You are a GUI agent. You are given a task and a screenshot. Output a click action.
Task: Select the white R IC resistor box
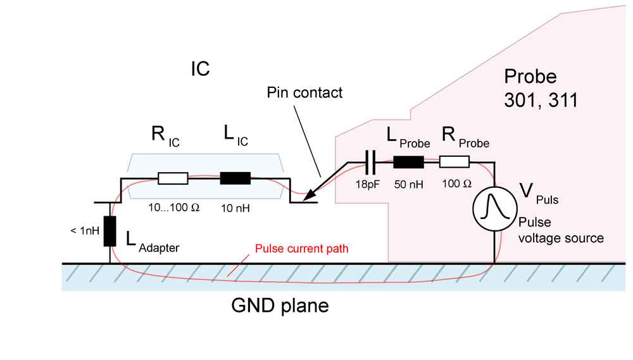(173, 178)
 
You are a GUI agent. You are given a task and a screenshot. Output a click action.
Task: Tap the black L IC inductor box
(235, 178)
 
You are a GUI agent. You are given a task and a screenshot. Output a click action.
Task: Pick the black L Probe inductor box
(408, 162)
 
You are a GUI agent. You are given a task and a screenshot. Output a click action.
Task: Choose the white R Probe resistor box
(454, 162)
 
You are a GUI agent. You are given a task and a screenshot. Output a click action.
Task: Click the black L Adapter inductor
(110, 231)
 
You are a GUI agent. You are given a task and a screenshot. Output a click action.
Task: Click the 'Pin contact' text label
(304, 93)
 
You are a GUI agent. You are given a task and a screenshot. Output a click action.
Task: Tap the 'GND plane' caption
(280, 307)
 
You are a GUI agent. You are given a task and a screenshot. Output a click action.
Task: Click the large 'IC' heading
(200, 68)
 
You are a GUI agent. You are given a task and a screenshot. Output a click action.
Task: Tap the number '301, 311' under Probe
(540, 101)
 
